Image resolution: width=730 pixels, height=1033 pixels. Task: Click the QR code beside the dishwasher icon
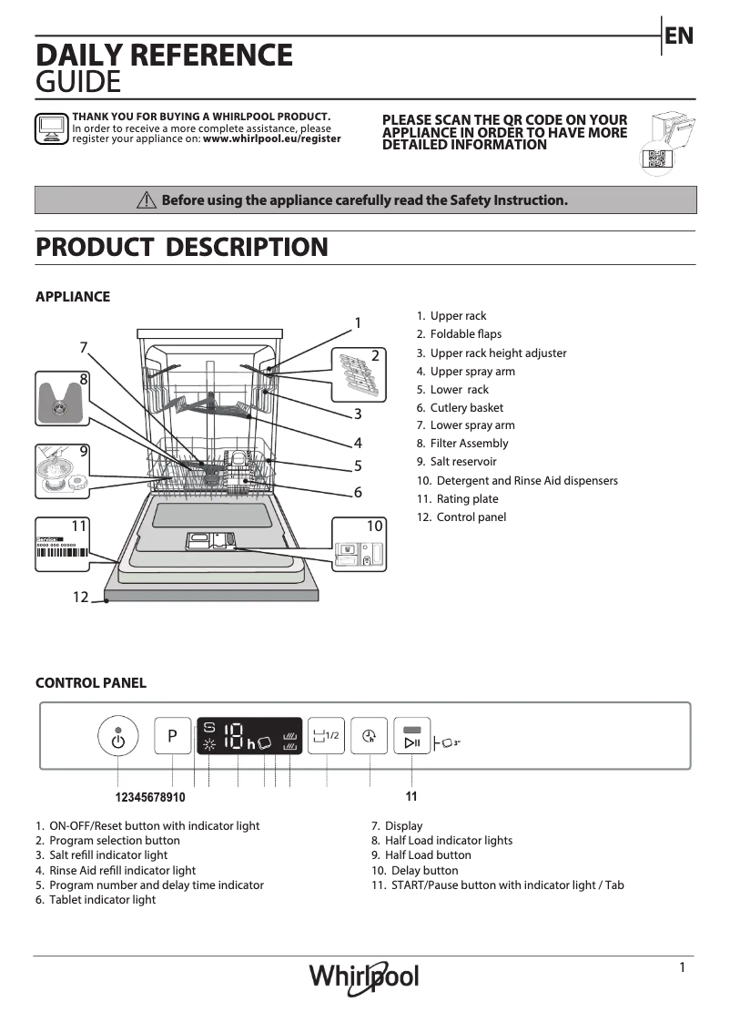point(656,158)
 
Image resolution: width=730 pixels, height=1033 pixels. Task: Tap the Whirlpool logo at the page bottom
point(364,977)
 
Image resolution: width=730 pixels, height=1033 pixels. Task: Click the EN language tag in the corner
point(679,36)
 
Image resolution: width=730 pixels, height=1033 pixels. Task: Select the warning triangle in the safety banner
point(146,200)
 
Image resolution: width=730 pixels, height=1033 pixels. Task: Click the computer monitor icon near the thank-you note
point(51,129)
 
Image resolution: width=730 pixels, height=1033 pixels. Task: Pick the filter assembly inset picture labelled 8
point(61,399)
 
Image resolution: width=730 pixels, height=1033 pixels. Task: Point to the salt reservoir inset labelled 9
point(62,471)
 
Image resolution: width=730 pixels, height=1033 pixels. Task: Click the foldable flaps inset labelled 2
point(359,373)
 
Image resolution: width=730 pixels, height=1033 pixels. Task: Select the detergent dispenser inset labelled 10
point(358,546)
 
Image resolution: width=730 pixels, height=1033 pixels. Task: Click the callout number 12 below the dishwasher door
point(81,598)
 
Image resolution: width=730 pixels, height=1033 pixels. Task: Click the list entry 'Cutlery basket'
point(466,408)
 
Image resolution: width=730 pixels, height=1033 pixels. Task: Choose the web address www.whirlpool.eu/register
point(272,139)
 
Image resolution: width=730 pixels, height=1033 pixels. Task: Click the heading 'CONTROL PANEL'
point(90,683)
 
